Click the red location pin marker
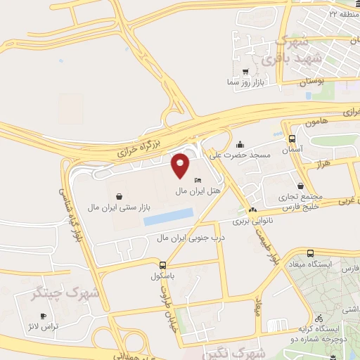click(181, 165)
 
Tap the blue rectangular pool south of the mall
click(168, 217)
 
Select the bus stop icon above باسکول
click(163, 266)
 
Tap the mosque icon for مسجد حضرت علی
click(240, 143)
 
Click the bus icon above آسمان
click(292, 139)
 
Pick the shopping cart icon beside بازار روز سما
click(245, 72)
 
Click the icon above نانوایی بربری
click(252, 210)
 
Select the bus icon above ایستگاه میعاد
click(311, 253)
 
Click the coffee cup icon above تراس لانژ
click(44, 316)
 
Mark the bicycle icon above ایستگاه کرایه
click(320, 317)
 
